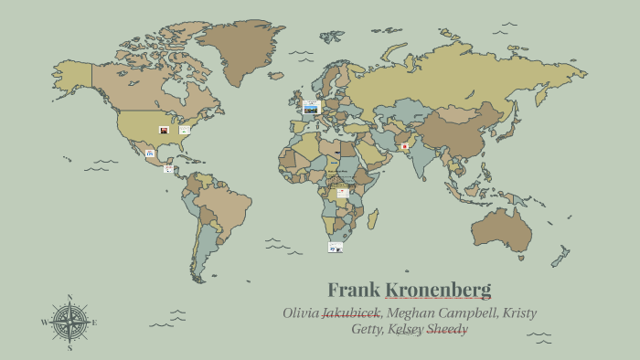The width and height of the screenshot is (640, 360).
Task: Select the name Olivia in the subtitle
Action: coord(301,313)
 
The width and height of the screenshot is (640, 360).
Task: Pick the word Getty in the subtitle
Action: coord(368,329)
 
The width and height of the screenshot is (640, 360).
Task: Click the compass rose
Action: coord(69,322)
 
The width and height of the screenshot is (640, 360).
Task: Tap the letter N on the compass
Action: coord(69,297)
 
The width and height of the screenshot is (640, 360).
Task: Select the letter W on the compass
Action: coord(43,323)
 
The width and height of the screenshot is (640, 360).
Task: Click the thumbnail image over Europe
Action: coord(311,108)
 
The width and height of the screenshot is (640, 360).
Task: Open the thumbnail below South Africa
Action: coord(336,247)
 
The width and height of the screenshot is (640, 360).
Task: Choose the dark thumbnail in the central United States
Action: coord(164,130)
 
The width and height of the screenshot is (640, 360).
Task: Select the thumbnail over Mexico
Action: coord(150,153)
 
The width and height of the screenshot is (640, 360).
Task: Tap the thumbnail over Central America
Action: coord(168,168)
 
